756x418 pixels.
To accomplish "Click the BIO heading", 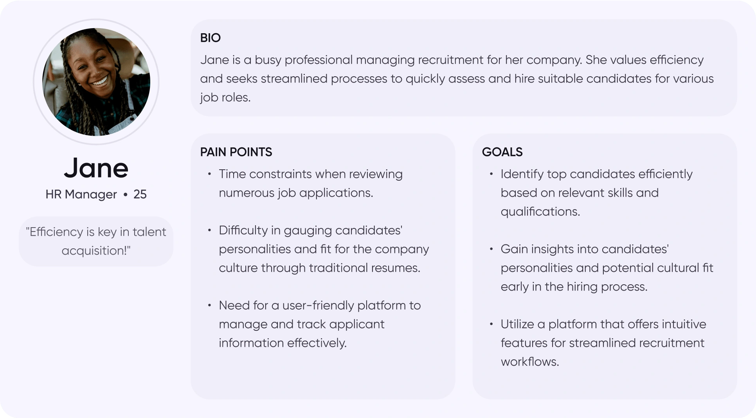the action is coord(210,38).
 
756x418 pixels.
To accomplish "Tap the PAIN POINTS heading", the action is coord(236,152).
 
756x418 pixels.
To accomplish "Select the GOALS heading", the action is coord(502,152).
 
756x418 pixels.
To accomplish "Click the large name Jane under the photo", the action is coord(96,168).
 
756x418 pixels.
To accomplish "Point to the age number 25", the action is coord(140,194).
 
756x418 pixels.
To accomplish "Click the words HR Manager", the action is coord(81,194).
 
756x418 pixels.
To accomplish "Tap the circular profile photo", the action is coord(96,82).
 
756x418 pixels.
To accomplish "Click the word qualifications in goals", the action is coord(540,212).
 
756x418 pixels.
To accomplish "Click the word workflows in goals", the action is coord(530,362).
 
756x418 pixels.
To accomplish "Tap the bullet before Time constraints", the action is coord(210,174).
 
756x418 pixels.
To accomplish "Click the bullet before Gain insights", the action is coord(491,249).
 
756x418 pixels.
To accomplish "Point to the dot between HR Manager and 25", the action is coord(125,194).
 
